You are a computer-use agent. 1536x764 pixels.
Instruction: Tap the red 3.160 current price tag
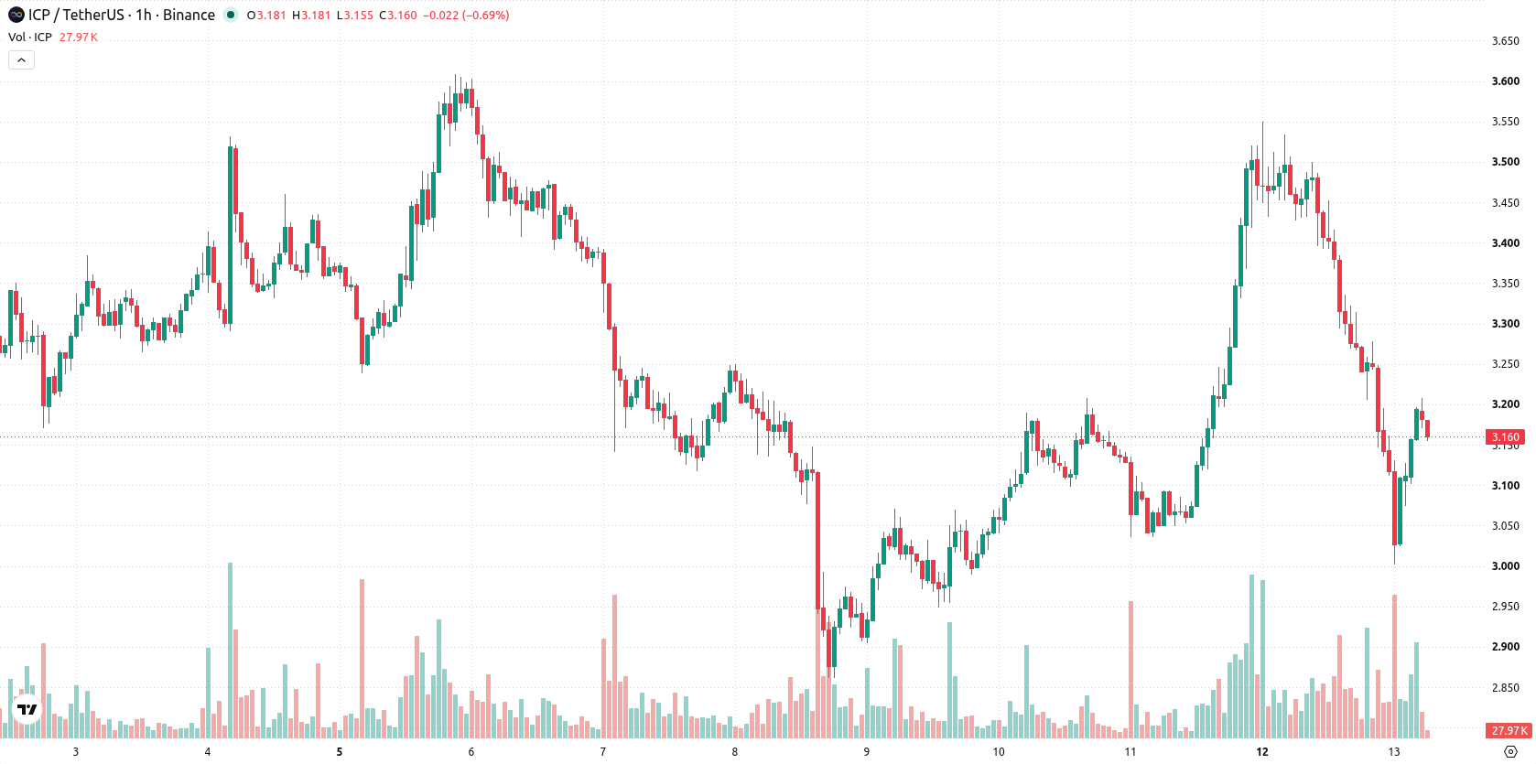click(1506, 437)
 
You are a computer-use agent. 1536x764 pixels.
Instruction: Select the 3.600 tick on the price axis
click(1506, 81)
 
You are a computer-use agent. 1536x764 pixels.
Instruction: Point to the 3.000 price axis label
click(1506, 566)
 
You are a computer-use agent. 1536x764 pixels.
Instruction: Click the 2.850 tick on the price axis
click(1506, 687)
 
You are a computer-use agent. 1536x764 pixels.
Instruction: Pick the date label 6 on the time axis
click(471, 752)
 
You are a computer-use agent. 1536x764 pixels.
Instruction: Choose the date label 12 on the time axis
click(1262, 752)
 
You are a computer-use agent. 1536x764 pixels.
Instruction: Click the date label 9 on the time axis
click(867, 752)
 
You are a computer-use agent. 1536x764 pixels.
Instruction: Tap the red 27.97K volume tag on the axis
click(1509, 730)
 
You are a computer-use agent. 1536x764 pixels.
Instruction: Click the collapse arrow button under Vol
click(21, 60)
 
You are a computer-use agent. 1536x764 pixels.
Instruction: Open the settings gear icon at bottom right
click(1510, 752)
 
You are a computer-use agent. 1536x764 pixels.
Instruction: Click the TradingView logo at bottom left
click(27, 709)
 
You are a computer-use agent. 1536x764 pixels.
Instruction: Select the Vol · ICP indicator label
click(30, 37)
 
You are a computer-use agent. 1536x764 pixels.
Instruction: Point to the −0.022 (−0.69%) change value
click(466, 15)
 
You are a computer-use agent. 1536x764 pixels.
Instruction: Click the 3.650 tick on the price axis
click(1506, 41)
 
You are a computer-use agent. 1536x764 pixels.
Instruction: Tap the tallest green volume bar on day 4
click(231, 651)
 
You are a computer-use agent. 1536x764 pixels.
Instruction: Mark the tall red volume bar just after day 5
click(362, 659)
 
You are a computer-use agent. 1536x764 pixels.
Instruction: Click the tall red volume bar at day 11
click(1130, 670)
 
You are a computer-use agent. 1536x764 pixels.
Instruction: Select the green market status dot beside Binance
click(231, 15)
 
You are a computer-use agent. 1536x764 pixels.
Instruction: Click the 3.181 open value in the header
click(272, 15)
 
